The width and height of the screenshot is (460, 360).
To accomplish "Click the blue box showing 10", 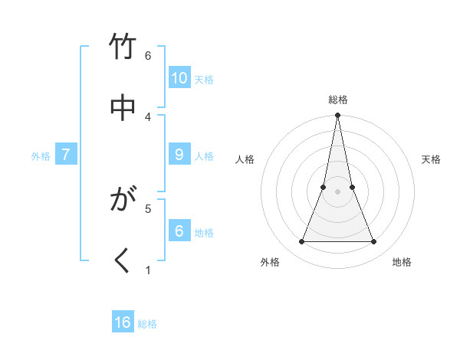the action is (179, 78).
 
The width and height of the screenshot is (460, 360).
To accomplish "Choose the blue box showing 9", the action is (179, 155).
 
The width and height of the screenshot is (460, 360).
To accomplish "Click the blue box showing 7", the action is (66, 155).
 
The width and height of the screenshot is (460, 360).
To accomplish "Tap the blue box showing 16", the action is (123, 322).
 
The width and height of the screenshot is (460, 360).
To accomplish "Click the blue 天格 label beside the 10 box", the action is (204, 80).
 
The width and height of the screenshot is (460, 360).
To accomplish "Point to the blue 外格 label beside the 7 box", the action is (41, 156).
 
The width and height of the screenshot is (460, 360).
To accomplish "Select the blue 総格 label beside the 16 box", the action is (147, 324).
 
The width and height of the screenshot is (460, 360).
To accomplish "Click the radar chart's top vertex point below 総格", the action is (337, 116).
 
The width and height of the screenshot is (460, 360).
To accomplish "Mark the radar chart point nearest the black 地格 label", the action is (374, 242).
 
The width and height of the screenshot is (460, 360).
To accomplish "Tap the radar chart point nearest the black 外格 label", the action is (301, 242).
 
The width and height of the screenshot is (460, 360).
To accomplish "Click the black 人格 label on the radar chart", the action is (245, 159).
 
